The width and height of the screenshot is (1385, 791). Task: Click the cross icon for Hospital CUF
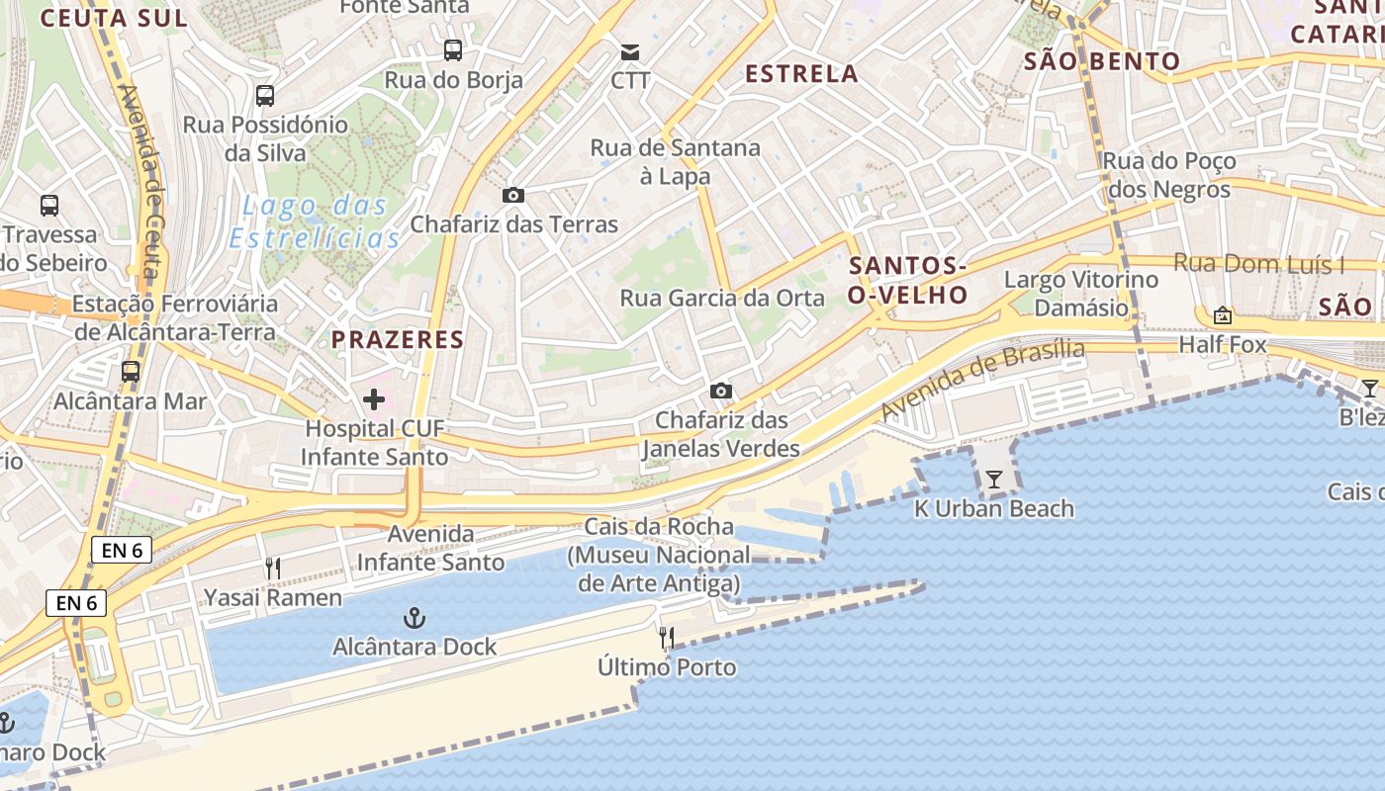(x=374, y=399)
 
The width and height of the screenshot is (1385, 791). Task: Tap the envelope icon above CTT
(x=630, y=51)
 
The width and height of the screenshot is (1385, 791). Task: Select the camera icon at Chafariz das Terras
(x=512, y=195)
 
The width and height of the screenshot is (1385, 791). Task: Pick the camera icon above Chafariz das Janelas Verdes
(x=721, y=391)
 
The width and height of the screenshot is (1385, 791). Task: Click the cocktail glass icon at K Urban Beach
(x=994, y=480)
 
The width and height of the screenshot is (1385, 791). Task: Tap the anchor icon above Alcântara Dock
(x=415, y=619)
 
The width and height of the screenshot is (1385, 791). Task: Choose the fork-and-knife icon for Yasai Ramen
(x=273, y=569)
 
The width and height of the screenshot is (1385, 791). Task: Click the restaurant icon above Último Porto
(x=667, y=638)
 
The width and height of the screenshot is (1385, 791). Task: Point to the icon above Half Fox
(x=1223, y=315)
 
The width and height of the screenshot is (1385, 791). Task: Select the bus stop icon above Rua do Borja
(x=453, y=50)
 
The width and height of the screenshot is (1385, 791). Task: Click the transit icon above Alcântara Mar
(x=130, y=372)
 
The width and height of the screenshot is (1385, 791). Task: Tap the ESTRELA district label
(x=801, y=74)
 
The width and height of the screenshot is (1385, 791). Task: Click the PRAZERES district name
(x=398, y=340)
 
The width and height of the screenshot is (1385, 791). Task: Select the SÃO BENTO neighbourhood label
(x=1102, y=61)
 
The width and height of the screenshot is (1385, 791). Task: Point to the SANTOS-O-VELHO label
(x=908, y=280)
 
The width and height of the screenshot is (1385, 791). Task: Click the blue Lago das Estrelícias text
(x=316, y=222)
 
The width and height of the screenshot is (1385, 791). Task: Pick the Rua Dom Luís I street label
(x=1258, y=264)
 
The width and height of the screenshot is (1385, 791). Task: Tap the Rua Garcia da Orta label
(x=722, y=298)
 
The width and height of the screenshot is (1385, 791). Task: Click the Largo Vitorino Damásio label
(x=1081, y=294)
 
